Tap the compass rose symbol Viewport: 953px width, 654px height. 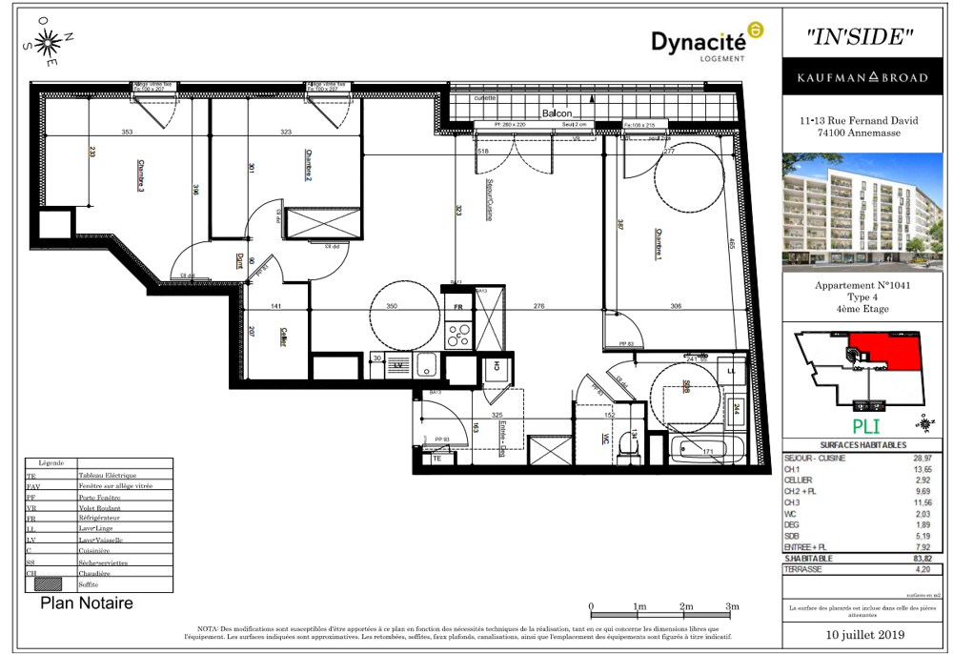pos(50,43)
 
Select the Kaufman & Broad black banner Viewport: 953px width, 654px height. pos(865,77)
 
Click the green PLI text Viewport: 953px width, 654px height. pos(865,426)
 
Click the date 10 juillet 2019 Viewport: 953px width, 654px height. pos(865,635)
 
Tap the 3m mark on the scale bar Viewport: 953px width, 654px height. pos(732,606)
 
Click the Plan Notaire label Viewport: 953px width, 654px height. pos(87,603)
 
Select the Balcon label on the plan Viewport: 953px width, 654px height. pos(558,113)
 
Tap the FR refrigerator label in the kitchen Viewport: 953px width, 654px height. pos(457,308)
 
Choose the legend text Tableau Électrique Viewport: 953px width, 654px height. pos(107,475)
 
